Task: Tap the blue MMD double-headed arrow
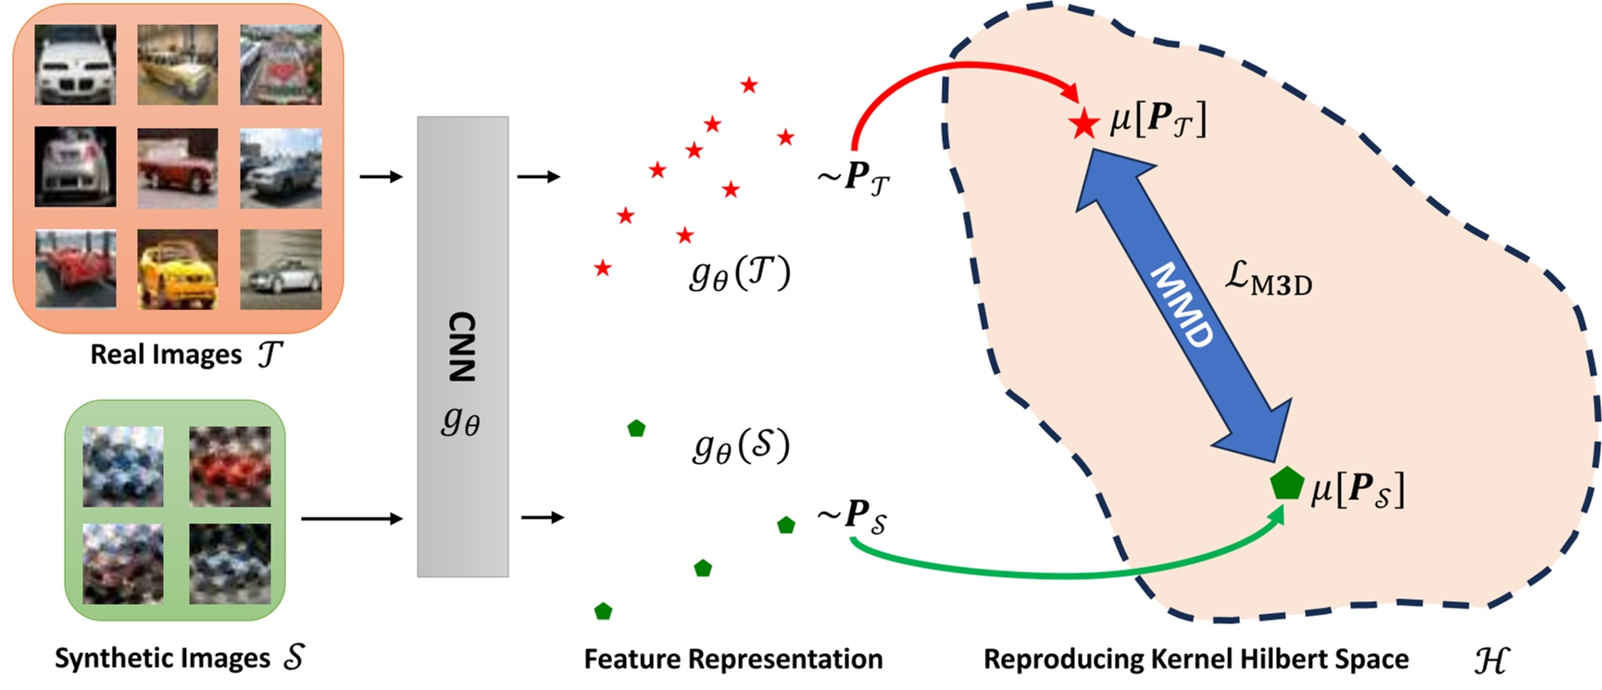click(1183, 305)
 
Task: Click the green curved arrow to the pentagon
click(1065, 574)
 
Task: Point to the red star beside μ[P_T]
click(1083, 123)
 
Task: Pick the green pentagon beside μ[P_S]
click(1286, 483)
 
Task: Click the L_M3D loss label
click(1268, 278)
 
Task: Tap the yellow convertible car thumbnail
click(178, 269)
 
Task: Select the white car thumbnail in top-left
click(76, 64)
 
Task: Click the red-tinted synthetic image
click(230, 466)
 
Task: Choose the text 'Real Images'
click(166, 355)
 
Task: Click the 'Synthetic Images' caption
click(162, 659)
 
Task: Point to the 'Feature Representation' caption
click(732, 659)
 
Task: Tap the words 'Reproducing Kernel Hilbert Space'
click(1195, 659)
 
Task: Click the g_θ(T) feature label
click(740, 273)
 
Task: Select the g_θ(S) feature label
click(741, 446)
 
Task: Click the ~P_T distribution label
click(853, 176)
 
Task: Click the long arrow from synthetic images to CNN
click(352, 519)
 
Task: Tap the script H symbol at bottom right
click(1490, 659)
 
